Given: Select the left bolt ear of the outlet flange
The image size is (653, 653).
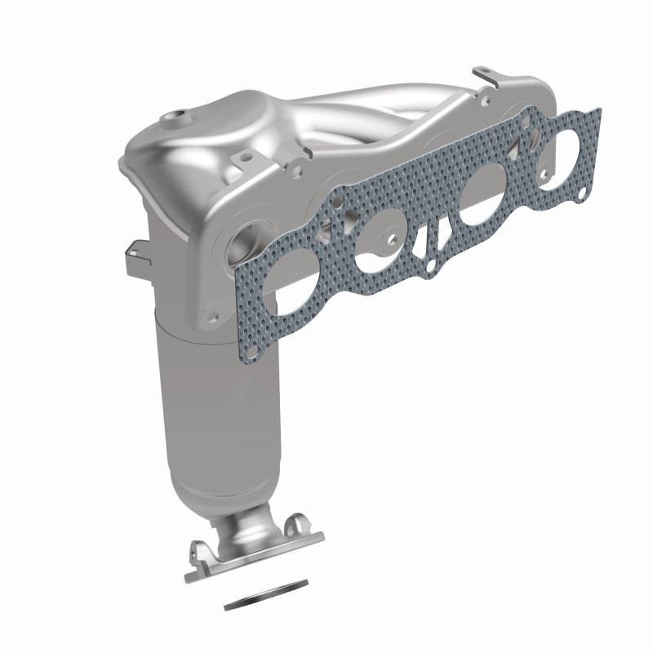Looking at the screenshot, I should click(198, 549).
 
